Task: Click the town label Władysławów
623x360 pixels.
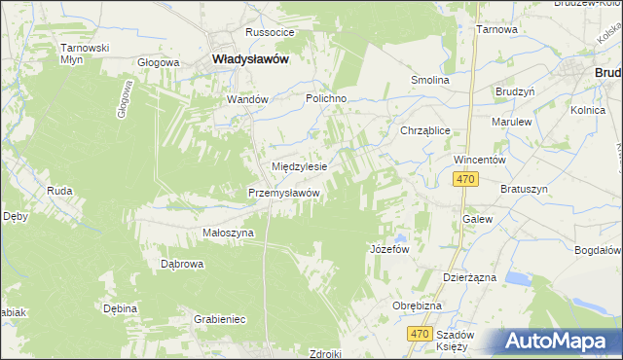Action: (250, 58)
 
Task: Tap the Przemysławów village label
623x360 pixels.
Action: (284, 193)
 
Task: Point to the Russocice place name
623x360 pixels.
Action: (270, 32)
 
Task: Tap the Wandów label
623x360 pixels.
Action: (246, 99)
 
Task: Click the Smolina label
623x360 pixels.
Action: (429, 80)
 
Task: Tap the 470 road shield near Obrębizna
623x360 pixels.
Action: (419, 334)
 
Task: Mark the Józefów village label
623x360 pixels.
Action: (388, 249)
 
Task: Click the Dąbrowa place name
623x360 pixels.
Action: (181, 264)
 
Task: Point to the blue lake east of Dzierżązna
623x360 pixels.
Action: (519, 279)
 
